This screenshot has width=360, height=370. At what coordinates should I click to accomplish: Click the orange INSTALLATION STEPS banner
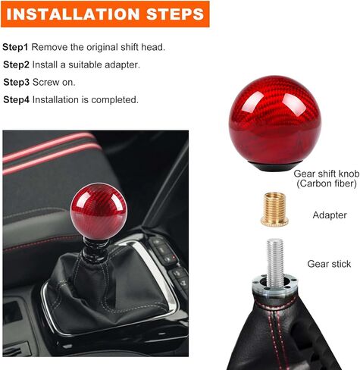pyautogui.click(x=104, y=14)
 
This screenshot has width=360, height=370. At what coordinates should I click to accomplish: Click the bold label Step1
pyautogui.click(x=16, y=47)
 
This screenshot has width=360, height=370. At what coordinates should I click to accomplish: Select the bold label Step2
pyautogui.click(x=17, y=64)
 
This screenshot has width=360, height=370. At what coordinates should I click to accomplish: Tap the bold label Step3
pyautogui.click(x=17, y=82)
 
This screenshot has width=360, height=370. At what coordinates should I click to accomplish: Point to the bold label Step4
pyautogui.click(x=17, y=99)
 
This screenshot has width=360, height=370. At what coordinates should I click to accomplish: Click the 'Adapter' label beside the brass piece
pyautogui.click(x=329, y=215)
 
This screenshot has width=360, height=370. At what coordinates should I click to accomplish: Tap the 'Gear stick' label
pyautogui.click(x=328, y=264)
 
